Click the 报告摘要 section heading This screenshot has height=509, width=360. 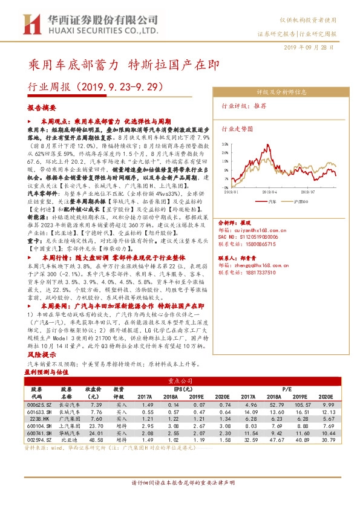tap(42, 108)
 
